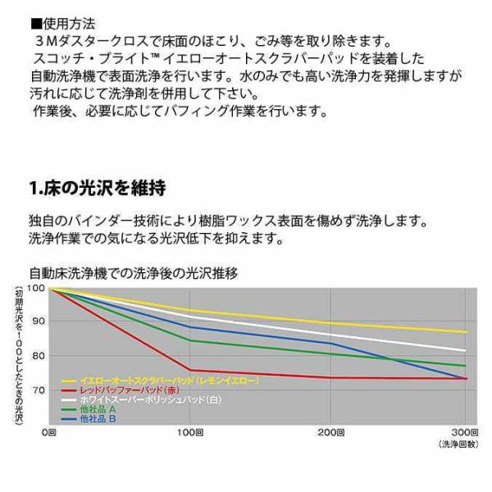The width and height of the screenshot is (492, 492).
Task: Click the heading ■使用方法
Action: pos(63,24)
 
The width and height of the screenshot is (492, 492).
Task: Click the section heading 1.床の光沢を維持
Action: pos(98,188)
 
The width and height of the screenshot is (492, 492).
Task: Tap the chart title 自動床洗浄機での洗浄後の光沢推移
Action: pos(134,273)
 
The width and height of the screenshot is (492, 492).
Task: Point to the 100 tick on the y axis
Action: pos(36,288)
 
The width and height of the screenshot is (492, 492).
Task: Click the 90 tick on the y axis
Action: pos(39,321)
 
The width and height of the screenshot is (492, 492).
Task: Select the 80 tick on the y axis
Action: pos(39,356)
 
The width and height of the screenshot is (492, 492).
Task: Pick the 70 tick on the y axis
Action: pos(39,390)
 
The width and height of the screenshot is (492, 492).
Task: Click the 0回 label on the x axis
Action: pos(49,433)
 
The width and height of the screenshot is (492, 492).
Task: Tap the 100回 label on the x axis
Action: pos(190,433)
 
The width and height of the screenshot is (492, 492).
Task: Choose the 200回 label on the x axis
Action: pos(331,433)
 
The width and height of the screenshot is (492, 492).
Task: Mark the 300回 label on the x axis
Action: pos(465,433)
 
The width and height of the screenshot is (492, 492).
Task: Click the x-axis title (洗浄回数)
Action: pos(458,444)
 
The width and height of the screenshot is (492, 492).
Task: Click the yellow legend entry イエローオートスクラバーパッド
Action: pos(160,381)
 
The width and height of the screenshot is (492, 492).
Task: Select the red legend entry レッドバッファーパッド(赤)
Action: pos(121,390)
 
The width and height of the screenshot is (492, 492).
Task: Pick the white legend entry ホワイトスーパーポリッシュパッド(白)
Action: pos(142,400)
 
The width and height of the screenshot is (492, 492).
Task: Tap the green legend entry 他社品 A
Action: pos(89,409)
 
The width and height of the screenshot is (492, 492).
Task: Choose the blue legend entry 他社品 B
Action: pos(89,419)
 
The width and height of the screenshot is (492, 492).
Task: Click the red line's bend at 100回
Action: pos(189,370)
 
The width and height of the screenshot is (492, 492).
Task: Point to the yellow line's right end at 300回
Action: pos(467,331)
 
